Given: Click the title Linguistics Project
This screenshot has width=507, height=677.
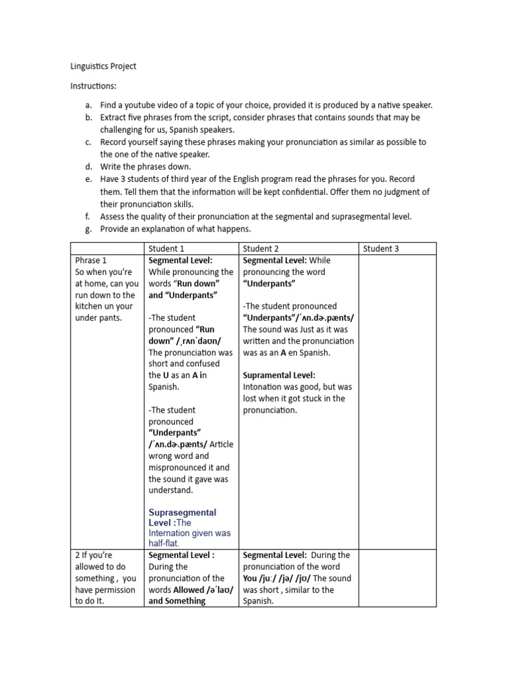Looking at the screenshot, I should point(103,67).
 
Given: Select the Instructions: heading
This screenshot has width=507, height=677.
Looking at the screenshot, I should point(93,86).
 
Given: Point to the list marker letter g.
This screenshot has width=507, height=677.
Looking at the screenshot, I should point(88,228).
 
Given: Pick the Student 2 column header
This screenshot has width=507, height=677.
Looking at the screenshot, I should point(261,249).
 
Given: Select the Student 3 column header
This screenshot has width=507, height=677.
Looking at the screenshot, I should point(382,249).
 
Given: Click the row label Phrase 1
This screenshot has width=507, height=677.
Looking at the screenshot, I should point(91,260).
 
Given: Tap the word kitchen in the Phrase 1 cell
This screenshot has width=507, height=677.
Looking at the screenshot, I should point(90,307).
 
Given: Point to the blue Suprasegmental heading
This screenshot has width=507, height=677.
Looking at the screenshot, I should point(182,512).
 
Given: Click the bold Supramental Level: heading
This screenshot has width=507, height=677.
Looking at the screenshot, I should point(279,375).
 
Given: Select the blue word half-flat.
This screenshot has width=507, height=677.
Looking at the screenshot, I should point(164,543).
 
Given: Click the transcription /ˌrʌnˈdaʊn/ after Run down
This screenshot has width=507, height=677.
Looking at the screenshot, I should point(197,340).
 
